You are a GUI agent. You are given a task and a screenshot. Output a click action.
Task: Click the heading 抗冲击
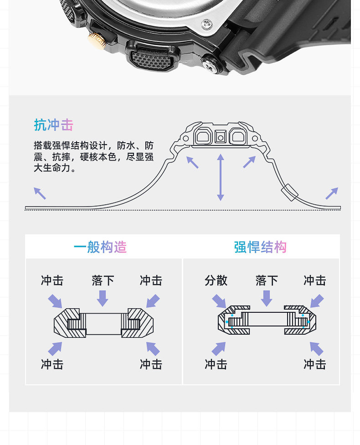[x=53, y=125]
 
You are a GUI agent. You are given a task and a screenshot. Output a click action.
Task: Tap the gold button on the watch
[x=97, y=39]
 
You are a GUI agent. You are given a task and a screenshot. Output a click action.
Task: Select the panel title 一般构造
[x=100, y=247]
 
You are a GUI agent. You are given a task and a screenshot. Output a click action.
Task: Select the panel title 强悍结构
[x=260, y=247]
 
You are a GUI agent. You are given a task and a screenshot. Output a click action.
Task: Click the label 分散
[x=216, y=280]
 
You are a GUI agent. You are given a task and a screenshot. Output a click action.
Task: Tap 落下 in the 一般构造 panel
[x=103, y=280]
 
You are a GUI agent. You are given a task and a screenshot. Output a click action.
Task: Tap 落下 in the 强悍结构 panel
[x=267, y=280]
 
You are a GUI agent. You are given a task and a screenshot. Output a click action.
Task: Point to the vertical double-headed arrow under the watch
[x=221, y=177]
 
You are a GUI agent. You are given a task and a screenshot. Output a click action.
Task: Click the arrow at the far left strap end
[x=40, y=193]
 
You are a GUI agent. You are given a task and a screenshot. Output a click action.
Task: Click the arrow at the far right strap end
[x=332, y=193]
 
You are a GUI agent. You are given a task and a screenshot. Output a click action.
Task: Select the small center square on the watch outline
[x=221, y=136]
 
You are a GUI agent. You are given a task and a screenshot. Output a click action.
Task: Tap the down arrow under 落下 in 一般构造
[x=103, y=299]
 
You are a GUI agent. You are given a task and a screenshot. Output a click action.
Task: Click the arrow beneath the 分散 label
[x=219, y=301]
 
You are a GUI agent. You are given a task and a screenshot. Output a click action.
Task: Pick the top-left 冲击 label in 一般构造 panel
[x=52, y=280]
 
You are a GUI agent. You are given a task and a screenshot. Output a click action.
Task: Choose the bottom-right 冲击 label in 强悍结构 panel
[x=315, y=364]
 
